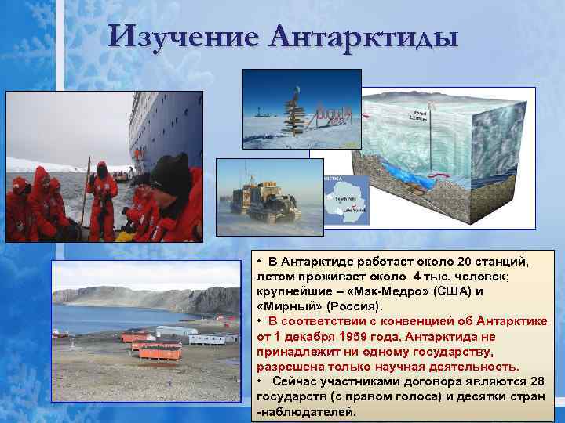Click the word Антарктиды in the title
pyautogui.click(x=363, y=36)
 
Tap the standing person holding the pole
pyautogui.click(x=101, y=200)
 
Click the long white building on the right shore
pyautogui.click(x=207, y=339)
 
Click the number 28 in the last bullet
pyautogui.click(x=535, y=381)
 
